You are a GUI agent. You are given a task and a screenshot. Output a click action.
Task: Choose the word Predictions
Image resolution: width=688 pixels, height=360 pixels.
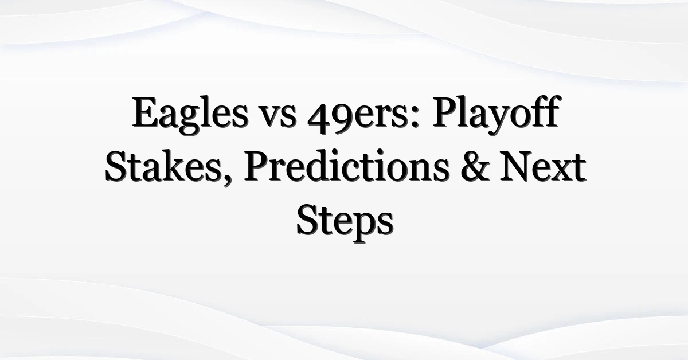pyautogui.click(x=346, y=166)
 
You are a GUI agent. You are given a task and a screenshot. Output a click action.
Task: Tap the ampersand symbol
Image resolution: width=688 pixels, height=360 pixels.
pyautogui.click(x=475, y=166)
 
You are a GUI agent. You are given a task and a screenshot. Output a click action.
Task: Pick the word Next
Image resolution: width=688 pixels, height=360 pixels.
pyautogui.click(x=543, y=167)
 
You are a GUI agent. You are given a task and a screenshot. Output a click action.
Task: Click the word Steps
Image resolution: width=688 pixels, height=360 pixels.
pyautogui.click(x=345, y=221)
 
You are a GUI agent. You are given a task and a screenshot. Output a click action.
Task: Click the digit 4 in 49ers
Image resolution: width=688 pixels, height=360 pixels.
pyautogui.click(x=319, y=118)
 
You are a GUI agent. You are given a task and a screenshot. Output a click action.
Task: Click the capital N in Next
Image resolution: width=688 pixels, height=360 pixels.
pyautogui.click(x=518, y=166)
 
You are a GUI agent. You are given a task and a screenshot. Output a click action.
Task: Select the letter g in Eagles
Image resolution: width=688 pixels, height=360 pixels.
pyautogui.click(x=187, y=122)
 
